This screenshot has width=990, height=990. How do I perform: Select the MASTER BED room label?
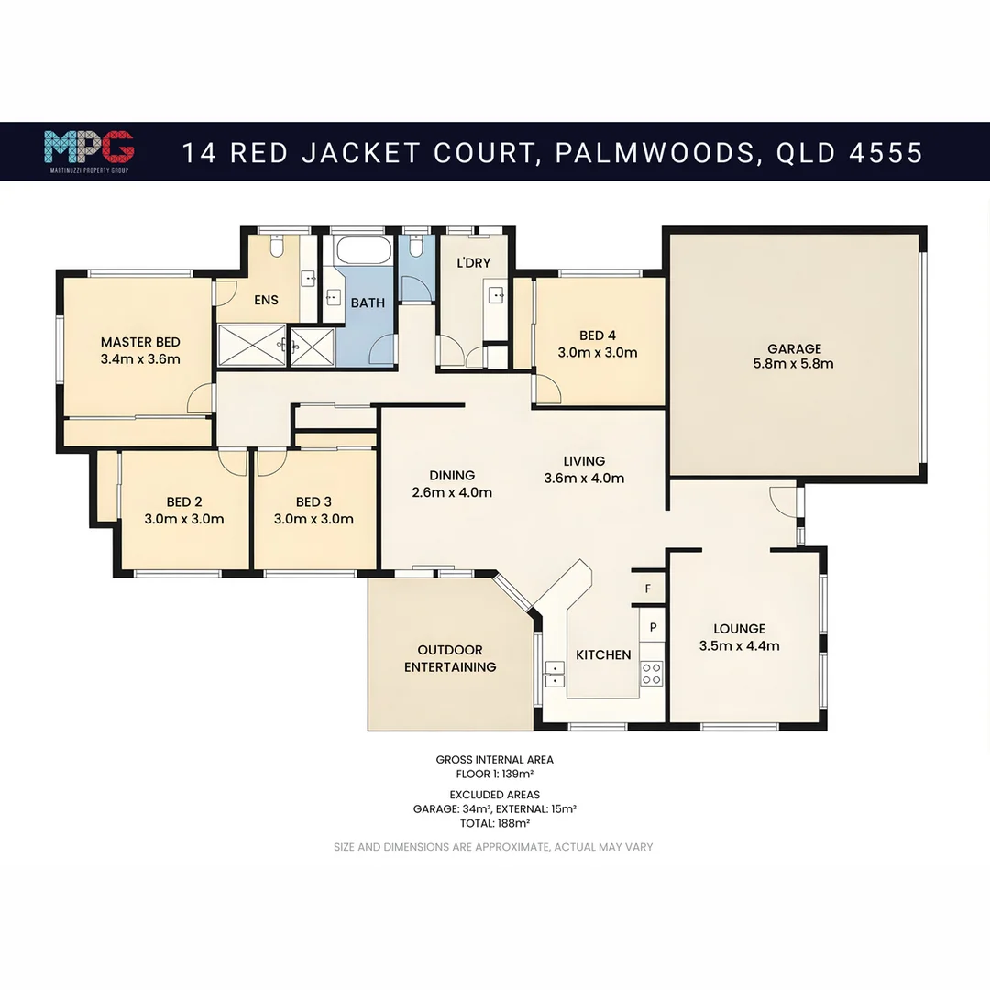click(x=140, y=342)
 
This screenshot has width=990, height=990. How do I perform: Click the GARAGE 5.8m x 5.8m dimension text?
click(x=794, y=364)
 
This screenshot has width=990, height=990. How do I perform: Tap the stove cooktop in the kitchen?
click(x=651, y=674)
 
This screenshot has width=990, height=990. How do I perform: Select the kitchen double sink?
click(x=553, y=674)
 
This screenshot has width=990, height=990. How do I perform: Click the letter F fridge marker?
click(x=648, y=588)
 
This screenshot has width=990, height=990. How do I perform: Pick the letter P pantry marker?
click(x=653, y=628)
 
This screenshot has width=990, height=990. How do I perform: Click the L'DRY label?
click(x=473, y=262)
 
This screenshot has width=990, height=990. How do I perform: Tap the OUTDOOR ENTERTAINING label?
click(x=450, y=658)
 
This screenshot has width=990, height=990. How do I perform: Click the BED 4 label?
click(x=598, y=335)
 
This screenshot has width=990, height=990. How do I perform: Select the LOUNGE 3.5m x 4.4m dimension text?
click(x=739, y=645)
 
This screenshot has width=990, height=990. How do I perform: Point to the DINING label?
click(x=452, y=475)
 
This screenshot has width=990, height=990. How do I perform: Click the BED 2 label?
click(x=184, y=501)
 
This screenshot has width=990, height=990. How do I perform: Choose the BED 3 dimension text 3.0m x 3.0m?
click(x=313, y=519)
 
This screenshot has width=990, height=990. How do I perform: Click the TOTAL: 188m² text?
click(x=495, y=823)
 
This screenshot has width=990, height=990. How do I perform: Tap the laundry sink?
click(x=496, y=294)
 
